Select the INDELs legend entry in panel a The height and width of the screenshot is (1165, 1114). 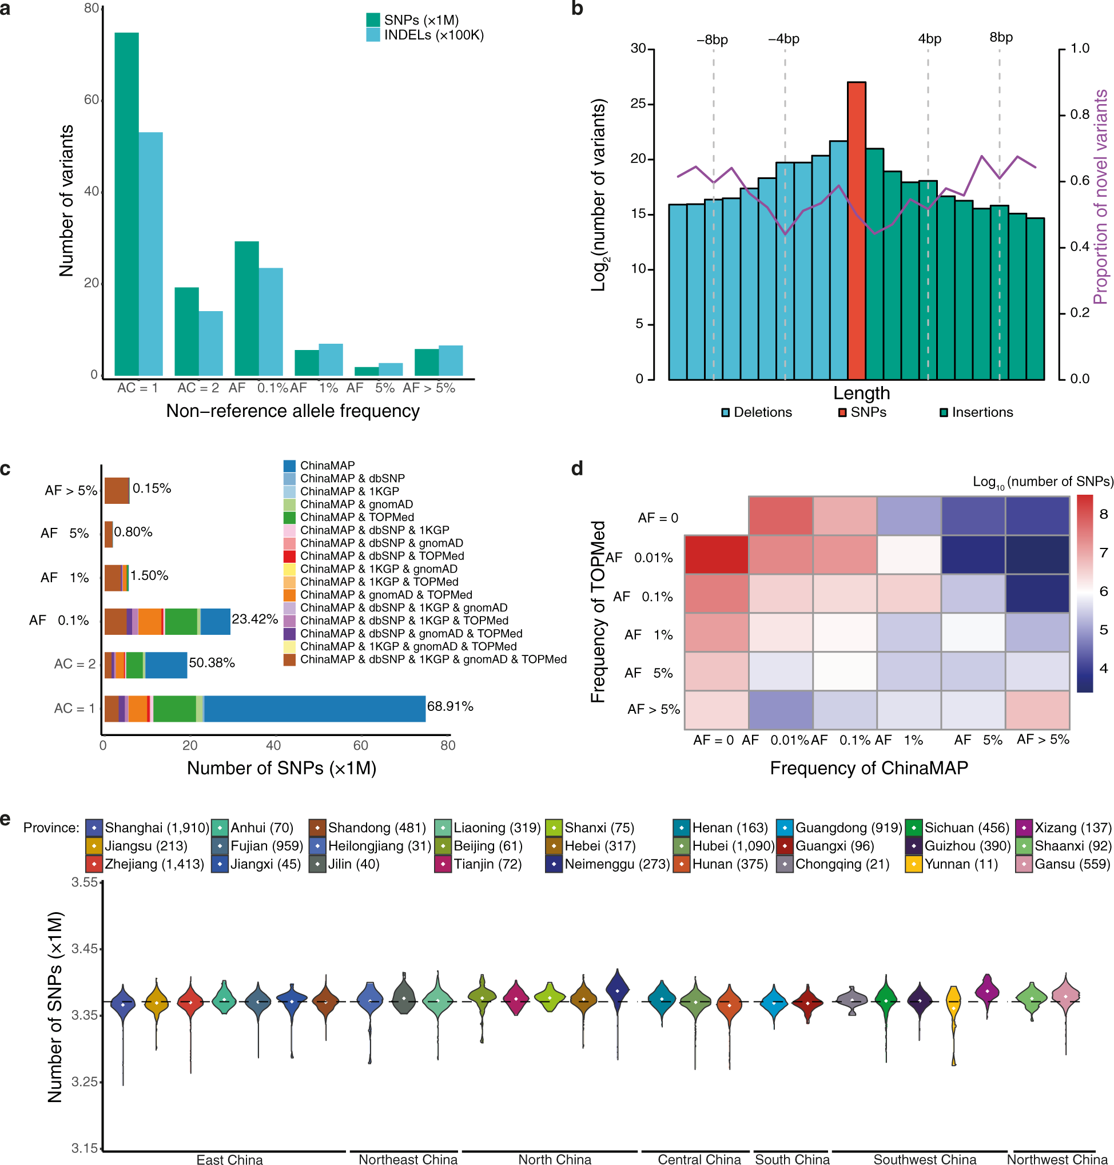tap(424, 35)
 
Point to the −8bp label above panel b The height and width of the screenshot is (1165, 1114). tap(712, 40)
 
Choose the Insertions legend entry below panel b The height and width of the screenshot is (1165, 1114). tap(976, 412)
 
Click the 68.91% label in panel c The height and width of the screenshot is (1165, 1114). tap(450, 706)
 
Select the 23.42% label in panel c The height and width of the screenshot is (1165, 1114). tap(254, 619)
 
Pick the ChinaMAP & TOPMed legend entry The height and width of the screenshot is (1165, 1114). tap(349, 517)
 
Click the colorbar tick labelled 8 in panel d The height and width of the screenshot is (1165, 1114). tap(1103, 514)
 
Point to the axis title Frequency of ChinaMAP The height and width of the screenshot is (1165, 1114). tap(869, 768)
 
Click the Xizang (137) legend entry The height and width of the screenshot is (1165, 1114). tap(1064, 827)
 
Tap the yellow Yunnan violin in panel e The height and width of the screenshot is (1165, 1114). tap(954, 1009)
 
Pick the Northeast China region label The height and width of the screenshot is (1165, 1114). tap(408, 1159)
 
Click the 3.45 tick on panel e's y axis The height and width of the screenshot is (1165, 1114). tap(84, 948)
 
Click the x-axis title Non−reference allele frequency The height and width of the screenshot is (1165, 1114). tap(293, 411)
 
